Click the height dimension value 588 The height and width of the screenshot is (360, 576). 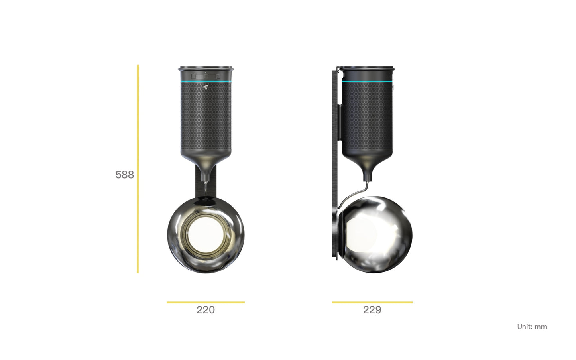point(125,175)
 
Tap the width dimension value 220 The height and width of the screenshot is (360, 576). point(206,310)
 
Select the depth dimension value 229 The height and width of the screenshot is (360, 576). point(372,310)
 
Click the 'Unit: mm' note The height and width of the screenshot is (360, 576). point(532,327)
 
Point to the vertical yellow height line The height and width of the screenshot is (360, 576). point(138,169)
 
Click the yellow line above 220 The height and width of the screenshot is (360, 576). point(206,303)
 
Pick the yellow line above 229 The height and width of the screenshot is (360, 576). point(372,303)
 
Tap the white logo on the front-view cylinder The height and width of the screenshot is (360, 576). point(205,87)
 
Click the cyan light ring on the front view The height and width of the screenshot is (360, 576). point(206,81)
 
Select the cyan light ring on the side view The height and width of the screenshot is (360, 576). point(367,81)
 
